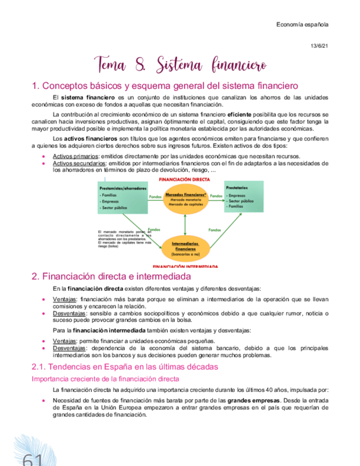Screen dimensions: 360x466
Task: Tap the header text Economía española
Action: click(302, 25)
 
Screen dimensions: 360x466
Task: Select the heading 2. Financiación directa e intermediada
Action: click(112, 276)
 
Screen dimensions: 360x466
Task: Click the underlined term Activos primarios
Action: click(72, 157)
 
